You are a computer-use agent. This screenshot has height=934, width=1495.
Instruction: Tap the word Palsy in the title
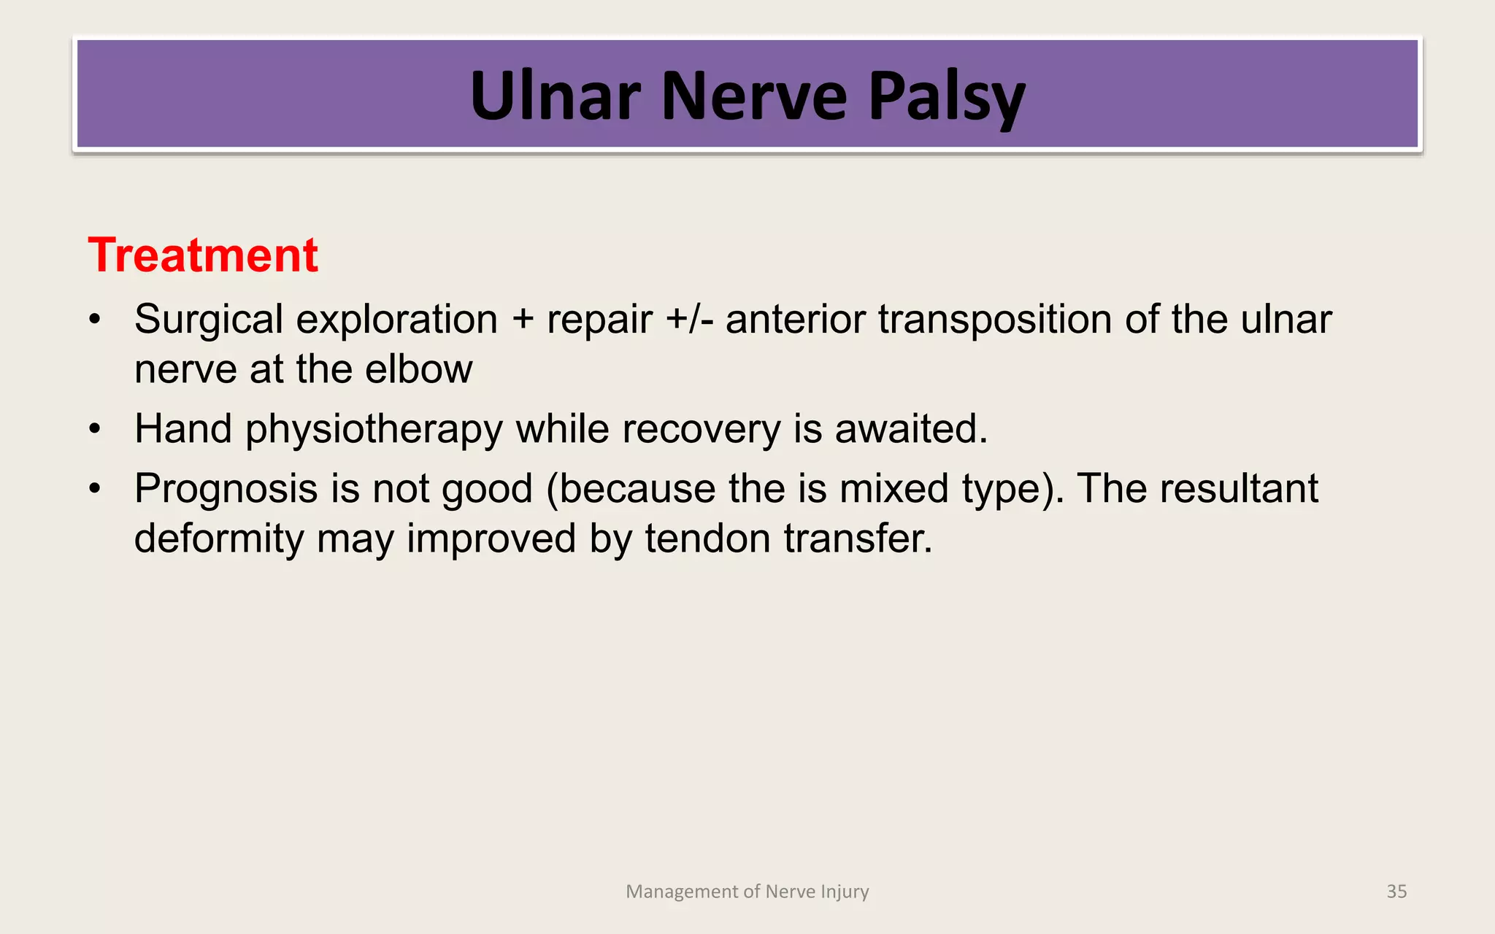tap(947, 97)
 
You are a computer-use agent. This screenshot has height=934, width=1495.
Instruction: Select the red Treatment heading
tap(203, 255)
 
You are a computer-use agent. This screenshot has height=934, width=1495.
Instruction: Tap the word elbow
tap(418, 369)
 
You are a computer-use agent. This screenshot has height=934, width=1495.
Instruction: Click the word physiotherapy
tap(374, 429)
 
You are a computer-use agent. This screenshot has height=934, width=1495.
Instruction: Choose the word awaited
tap(910, 428)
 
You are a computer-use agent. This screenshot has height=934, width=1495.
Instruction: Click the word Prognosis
tap(226, 489)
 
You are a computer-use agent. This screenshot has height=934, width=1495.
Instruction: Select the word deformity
tap(219, 539)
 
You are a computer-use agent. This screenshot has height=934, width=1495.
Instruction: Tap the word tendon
tap(707, 539)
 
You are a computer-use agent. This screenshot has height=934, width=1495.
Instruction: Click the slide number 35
tap(1396, 891)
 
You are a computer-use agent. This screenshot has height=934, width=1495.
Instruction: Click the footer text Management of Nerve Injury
tap(747, 891)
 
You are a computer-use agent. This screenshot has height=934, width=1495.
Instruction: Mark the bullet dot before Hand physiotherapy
tap(94, 429)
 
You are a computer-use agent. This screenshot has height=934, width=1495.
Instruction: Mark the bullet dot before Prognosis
tap(94, 489)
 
